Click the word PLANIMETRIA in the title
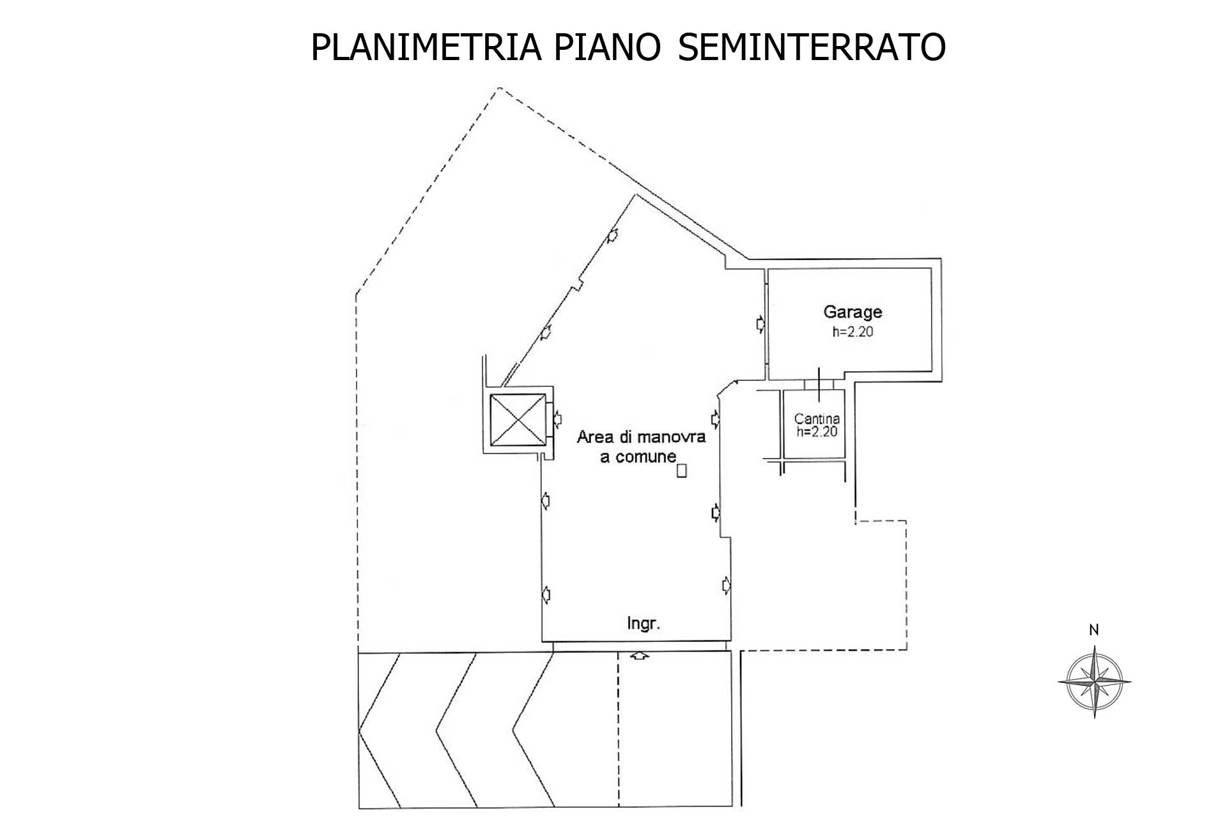(x=426, y=47)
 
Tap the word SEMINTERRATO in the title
(x=812, y=47)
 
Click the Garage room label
(x=853, y=312)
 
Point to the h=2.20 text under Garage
(x=853, y=332)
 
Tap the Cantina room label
(x=817, y=419)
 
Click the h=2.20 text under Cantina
(x=817, y=431)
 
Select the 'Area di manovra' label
(x=641, y=437)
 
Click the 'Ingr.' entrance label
(x=644, y=623)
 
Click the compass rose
(x=1094, y=682)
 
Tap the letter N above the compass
(x=1093, y=630)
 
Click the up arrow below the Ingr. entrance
(x=640, y=655)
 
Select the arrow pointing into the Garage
(x=760, y=324)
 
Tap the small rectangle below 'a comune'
(x=682, y=471)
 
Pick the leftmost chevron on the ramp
(x=380, y=730)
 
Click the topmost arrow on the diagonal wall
(x=612, y=235)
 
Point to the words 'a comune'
(x=638, y=456)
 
